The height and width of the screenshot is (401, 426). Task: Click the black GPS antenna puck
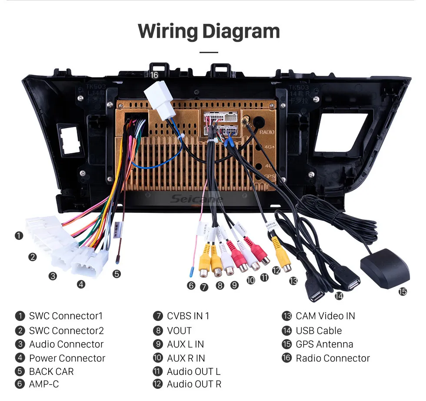click(x=385, y=268)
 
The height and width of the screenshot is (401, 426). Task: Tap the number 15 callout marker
click(x=403, y=292)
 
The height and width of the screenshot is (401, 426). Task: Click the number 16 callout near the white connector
click(x=154, y=75)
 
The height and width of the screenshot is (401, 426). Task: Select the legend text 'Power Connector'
click(x=67, y=358)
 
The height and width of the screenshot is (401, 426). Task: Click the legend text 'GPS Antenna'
click(x=324, y=344)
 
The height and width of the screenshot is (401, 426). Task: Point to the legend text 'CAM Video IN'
click(x=325, y=316)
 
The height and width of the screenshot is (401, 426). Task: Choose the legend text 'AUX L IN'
click(x=185, y=344)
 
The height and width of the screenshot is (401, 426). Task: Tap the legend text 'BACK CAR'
click(x=51, y=372)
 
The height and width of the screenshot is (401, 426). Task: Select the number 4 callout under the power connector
click(x=81, y=285)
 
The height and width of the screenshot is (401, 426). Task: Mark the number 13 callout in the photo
click(x=293, y=281)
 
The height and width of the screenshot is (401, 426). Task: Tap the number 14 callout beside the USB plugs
click(x=339, y=296)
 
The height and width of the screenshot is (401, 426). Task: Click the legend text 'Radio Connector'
click(x=333, y=358)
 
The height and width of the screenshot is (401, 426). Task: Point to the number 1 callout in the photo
click(x=19, y=236)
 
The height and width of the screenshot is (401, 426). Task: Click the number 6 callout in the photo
click(x=191, y=286)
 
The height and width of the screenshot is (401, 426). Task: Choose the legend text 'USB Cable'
click(x=319, y=330)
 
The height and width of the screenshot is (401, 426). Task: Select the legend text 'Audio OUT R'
click(x=194, y=384)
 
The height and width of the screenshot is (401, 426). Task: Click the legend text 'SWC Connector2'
click(x=66, y=330)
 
